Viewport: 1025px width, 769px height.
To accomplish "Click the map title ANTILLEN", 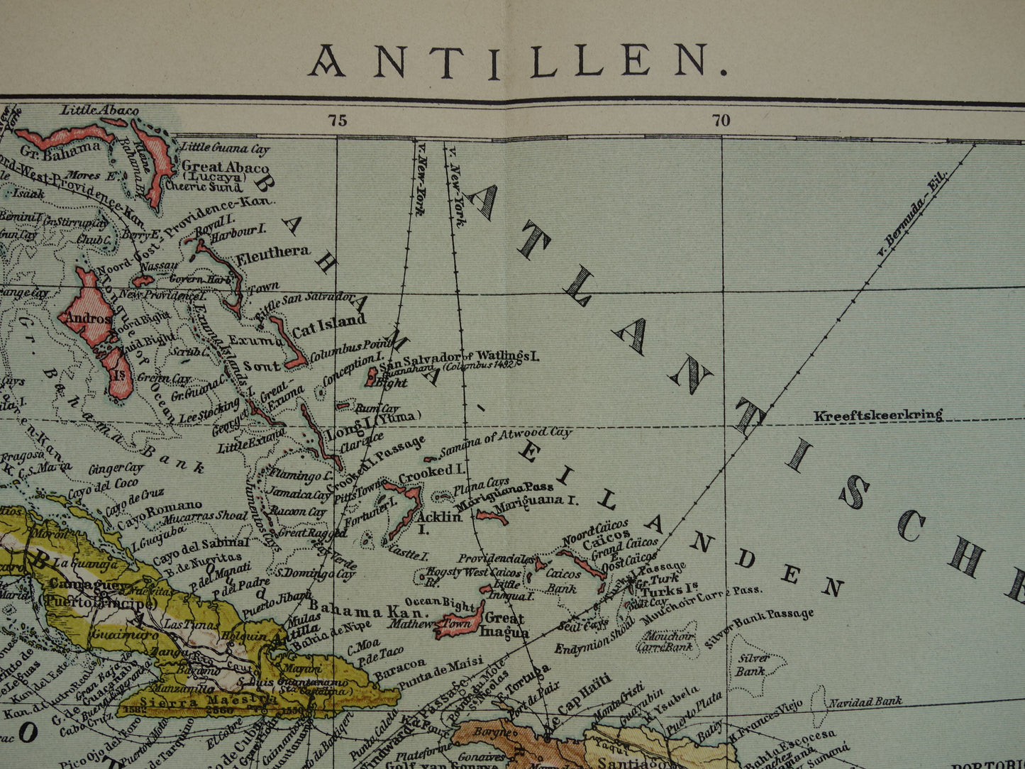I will click(518, 61).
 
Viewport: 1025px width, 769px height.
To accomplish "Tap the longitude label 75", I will click(338, 120).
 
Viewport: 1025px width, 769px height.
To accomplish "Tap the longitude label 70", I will click(721, 120).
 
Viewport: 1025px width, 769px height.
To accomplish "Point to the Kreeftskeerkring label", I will click(878, 415).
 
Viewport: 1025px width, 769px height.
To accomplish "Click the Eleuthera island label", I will click(273, 252).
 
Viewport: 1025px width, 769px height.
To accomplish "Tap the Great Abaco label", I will click(225, 168).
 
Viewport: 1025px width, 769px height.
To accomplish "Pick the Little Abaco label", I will click(99, 110).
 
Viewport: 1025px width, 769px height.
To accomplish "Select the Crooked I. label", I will click(431, 471).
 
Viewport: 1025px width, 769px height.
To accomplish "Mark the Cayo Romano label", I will click(160, 507).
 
